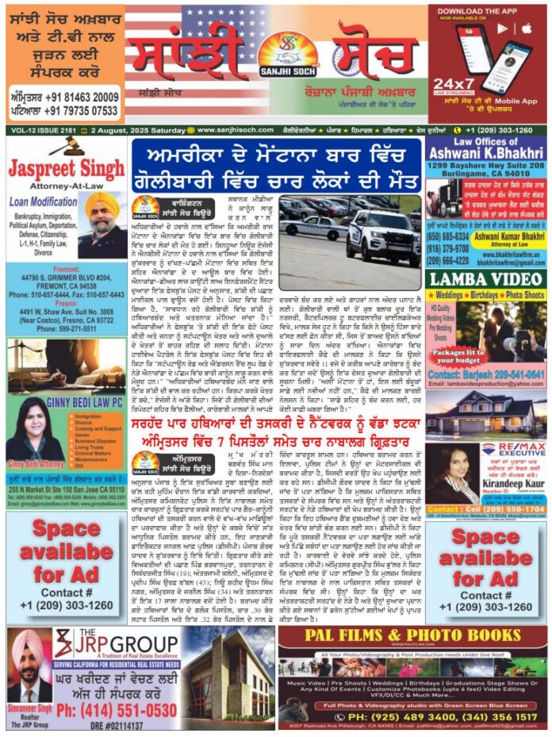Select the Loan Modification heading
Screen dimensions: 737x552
[44, 202]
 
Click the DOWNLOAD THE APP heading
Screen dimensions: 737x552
[488, 11]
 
